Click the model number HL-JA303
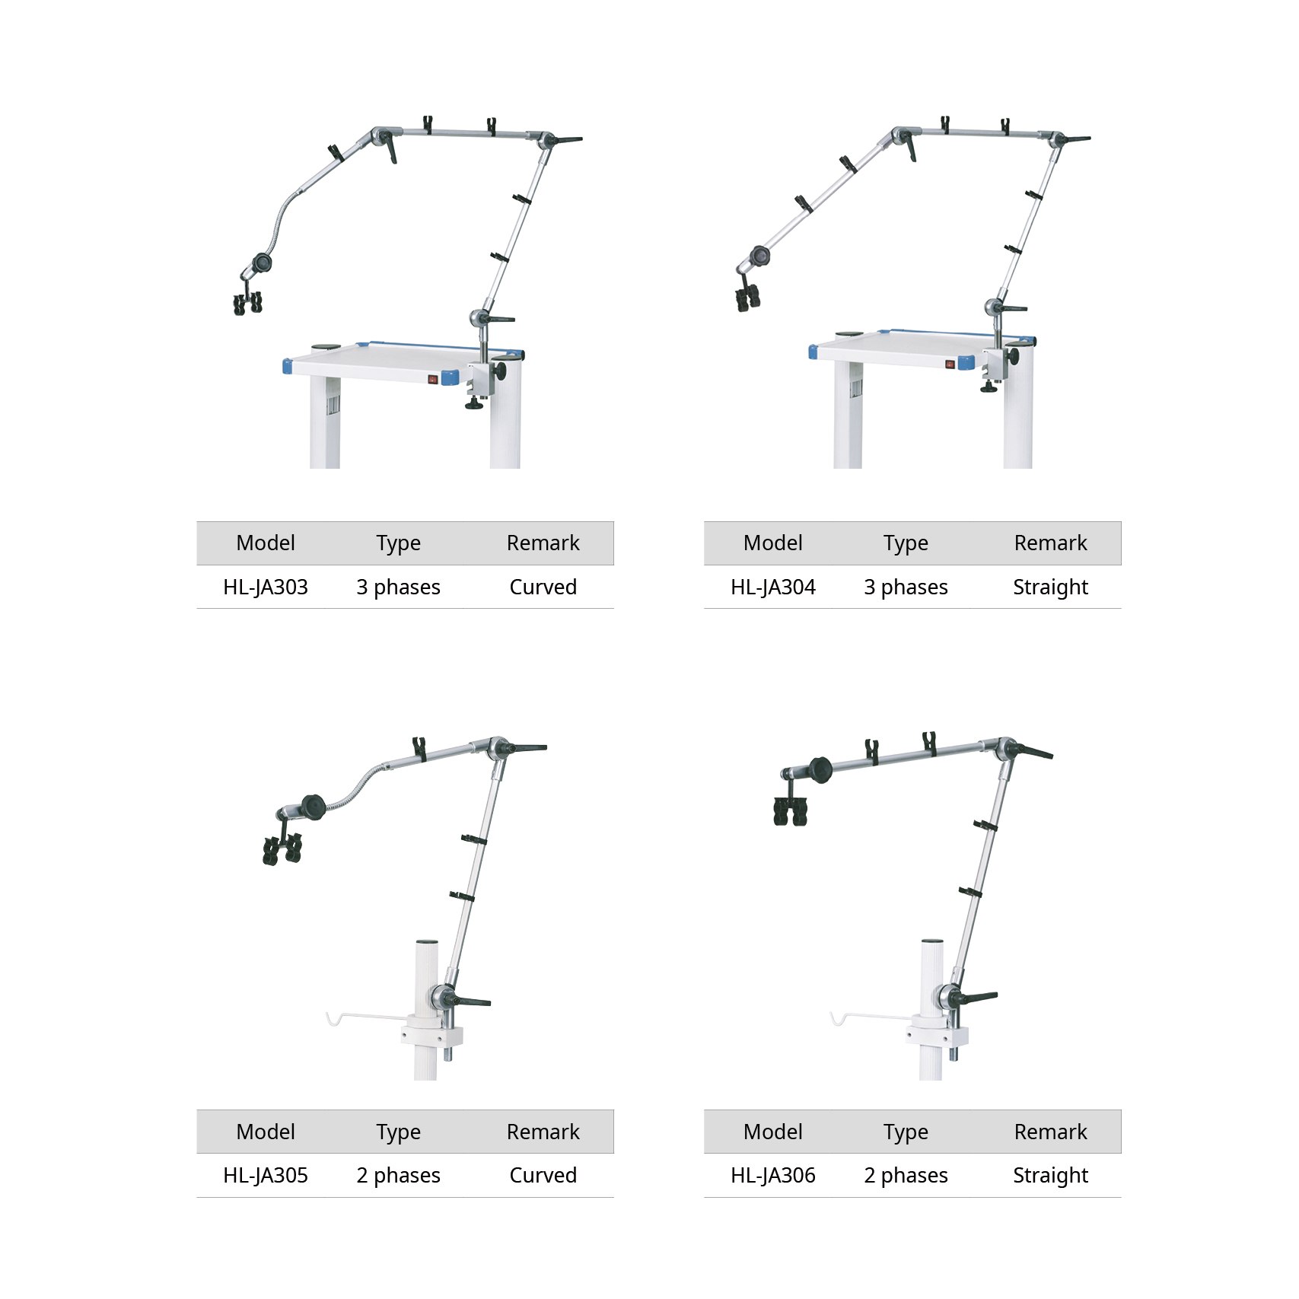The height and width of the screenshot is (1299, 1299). [266, 587]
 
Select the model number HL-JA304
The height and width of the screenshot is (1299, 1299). [773, 587]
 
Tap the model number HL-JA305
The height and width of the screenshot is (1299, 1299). [266, 1175]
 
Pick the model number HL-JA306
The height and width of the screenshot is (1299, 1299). [773, 1175]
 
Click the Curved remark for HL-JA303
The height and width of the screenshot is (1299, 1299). [543, 587]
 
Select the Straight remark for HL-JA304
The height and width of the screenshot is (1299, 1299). [1051, 587]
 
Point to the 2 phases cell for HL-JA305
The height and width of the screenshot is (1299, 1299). [399, 1176]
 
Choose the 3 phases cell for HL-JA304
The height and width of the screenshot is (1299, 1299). [906, 587]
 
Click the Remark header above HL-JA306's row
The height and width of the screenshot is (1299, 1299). [1051, 1132]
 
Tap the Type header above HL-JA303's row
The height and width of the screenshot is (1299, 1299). [399, 543]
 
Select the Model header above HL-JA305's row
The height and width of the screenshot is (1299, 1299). [266, 1132]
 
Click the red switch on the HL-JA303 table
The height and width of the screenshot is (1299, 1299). [433, 378]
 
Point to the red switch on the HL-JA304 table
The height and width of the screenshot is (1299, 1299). [950, 364]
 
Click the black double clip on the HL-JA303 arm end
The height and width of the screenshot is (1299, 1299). [248, 302]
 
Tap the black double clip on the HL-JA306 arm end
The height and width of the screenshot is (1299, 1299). [790, 811]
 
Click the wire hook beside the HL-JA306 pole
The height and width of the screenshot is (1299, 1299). [872, 1017]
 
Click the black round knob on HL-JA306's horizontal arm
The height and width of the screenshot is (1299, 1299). [820, 769]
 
